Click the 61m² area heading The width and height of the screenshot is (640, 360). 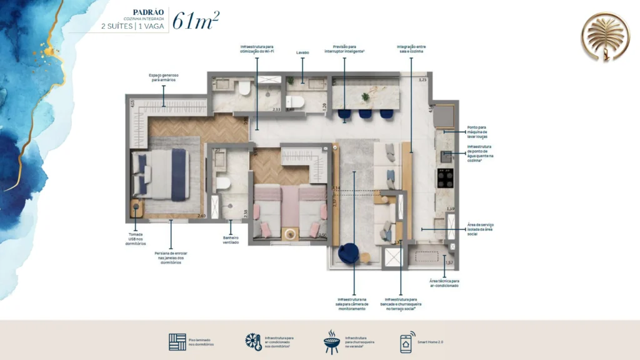195,20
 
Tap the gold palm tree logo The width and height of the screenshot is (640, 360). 604,37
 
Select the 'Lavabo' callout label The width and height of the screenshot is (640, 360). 302,53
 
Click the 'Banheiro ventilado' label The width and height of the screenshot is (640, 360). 231,239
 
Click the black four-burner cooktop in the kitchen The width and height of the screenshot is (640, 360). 445,179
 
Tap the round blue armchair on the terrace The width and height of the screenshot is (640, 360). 349,252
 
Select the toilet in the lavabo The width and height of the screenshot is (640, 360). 294,102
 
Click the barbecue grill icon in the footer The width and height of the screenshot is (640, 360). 331,342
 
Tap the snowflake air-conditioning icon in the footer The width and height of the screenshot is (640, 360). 253,342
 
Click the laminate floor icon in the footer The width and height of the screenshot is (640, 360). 177,342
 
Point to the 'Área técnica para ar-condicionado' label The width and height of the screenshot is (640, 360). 444,283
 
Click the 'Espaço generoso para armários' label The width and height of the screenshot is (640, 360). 164,77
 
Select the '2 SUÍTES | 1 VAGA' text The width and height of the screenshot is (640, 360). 134,26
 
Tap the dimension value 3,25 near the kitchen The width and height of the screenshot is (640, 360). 422,80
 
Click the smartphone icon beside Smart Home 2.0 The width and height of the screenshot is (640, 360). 406,342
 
